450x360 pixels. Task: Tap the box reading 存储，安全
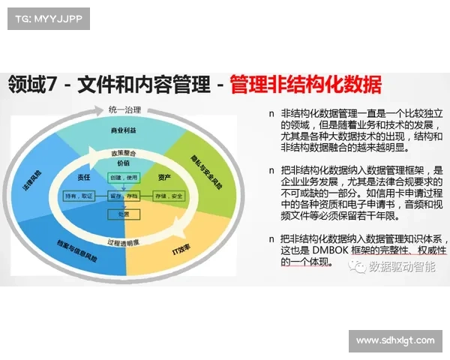(x=168, y=196)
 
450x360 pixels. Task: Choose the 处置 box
(x=123, y=214)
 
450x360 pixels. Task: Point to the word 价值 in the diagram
(x=123, y=163)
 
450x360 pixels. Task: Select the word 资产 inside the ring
(x=164, y=177)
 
